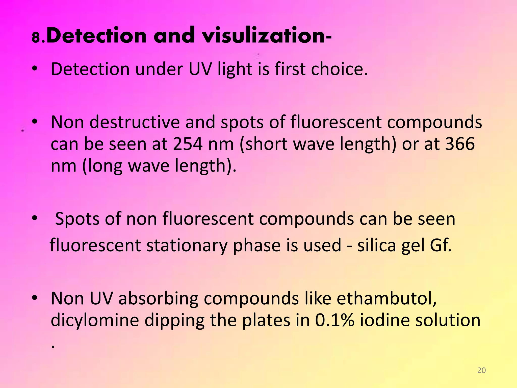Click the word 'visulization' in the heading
click(x=264, y=36)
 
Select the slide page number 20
click(x=481, y=370)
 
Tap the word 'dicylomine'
click(x=95, y=320)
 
